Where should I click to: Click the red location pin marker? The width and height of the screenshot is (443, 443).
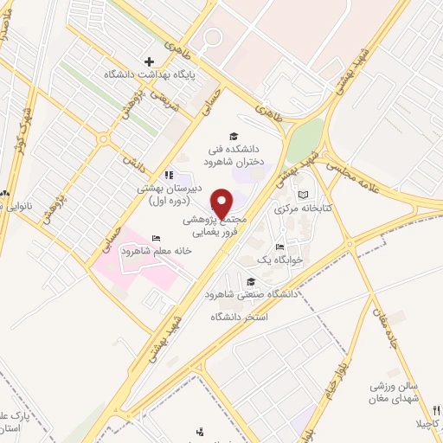tap(222, 202)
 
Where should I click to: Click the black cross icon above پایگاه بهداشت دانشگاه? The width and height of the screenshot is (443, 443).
tap(150, 62)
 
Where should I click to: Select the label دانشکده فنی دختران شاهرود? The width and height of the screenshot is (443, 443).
tap(233, 155)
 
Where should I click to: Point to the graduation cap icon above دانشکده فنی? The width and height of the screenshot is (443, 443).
tap(233, 136)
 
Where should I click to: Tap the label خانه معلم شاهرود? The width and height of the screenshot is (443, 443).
tap(140, 251)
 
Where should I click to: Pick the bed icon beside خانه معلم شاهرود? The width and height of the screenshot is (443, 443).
tap(156, 238)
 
